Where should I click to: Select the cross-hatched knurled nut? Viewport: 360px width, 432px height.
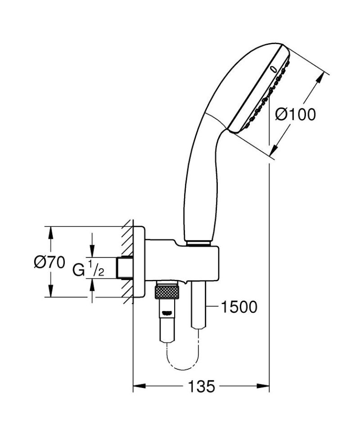[167, 292]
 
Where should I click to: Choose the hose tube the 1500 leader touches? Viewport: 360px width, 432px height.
[198, 306]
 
